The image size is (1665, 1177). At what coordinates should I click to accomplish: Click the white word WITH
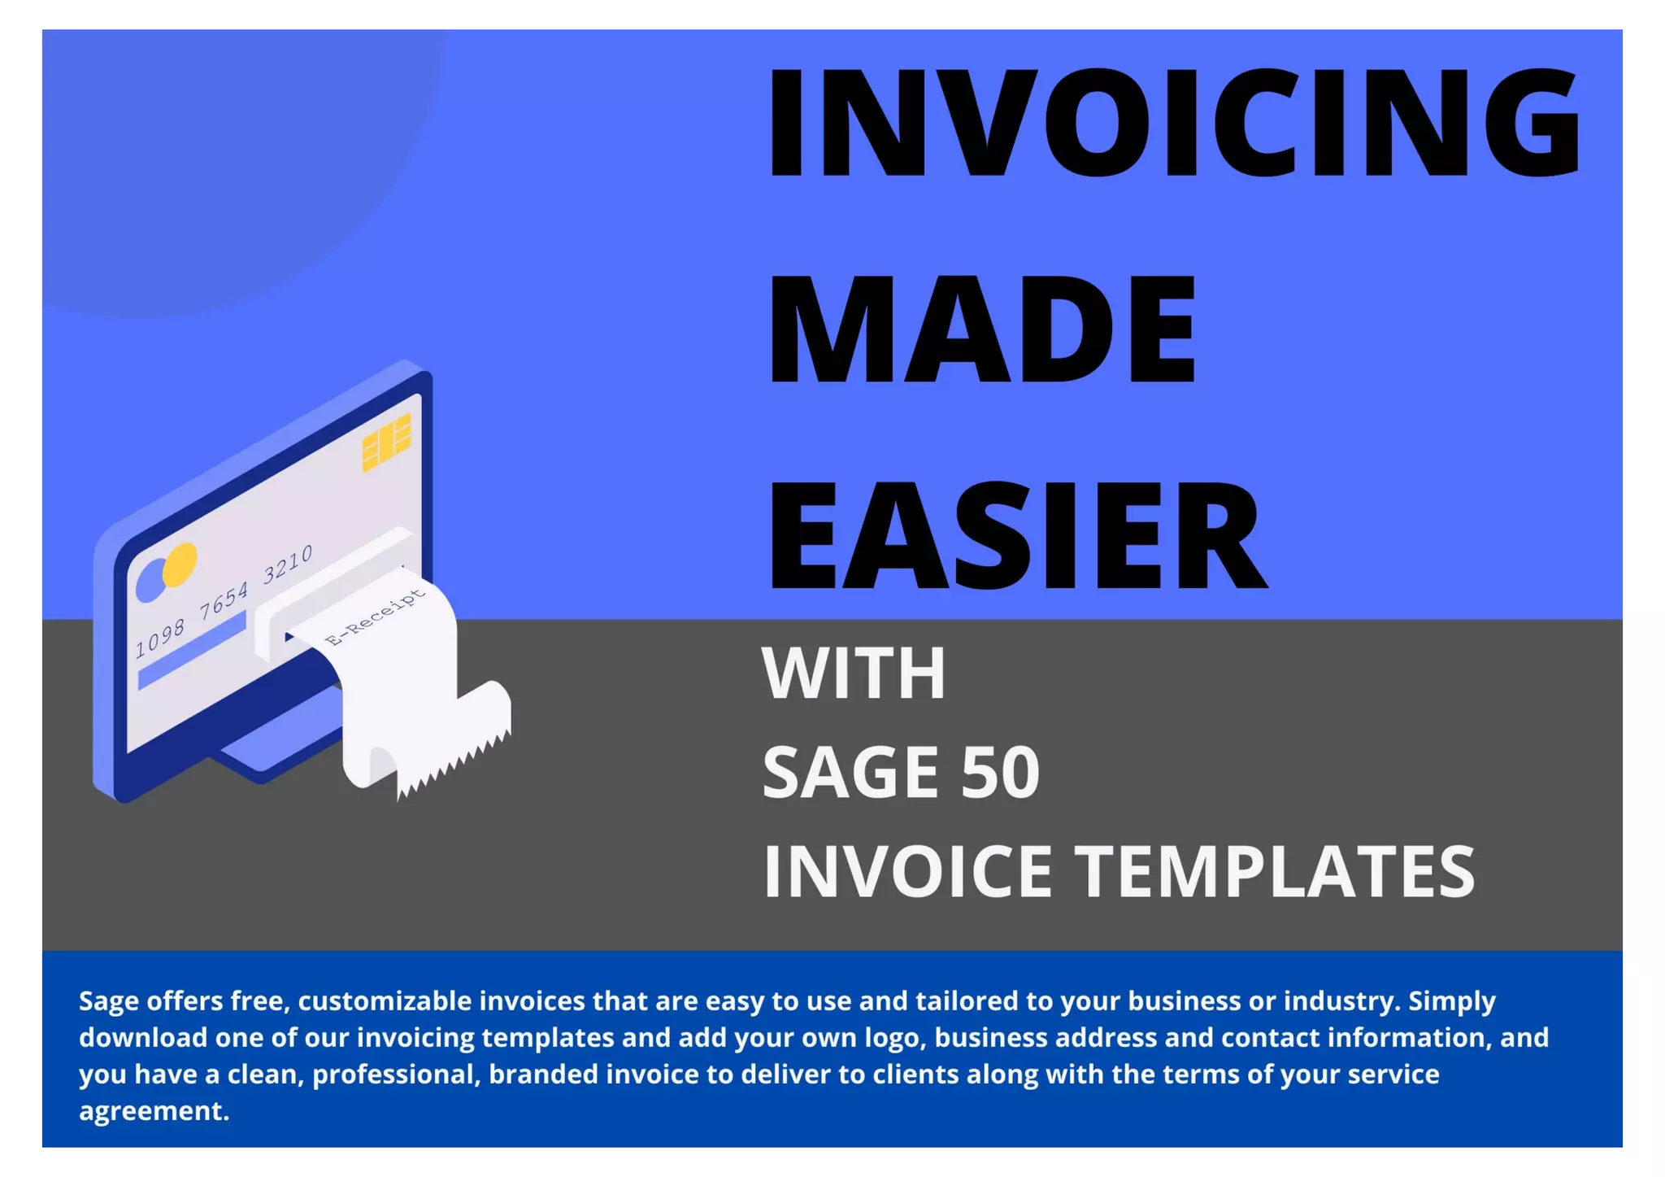pyautogui.click(x=854, y=674)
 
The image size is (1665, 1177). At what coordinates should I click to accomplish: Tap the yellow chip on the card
pyautogui.click(x=386, y=442)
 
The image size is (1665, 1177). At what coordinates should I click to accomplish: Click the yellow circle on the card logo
pyautogui.click(x=180, y=564)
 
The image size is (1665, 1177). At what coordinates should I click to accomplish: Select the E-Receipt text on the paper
pyautogui.click(x=375, y=617)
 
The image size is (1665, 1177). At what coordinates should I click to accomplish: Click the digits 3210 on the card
pyautogui.click(x=287, y=564)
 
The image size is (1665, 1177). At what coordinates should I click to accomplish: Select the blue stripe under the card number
pyautogui.click(x=192, y=651)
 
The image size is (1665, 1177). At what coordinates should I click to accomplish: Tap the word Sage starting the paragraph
pyautogui.click(x=109, y=1001)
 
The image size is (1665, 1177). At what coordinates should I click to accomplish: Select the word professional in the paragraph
pyautogui.click(x=396, y=1075)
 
